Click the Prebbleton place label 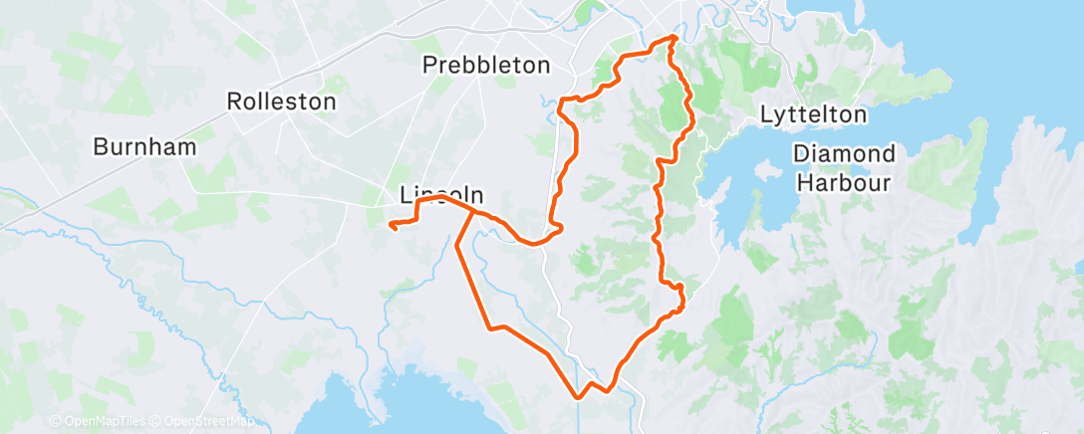(x=486, y=66)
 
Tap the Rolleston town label (x=281, y=102)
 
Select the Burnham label (x=144, y=146)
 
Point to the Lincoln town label (x=441, y=194)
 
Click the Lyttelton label (x=813, y=114)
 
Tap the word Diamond (x=845, y=154)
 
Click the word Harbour (x=845, y=182)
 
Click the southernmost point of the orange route (x=579, y=397)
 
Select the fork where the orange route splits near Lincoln (x=472, y=211)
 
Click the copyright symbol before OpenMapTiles (x=54, y=422)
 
